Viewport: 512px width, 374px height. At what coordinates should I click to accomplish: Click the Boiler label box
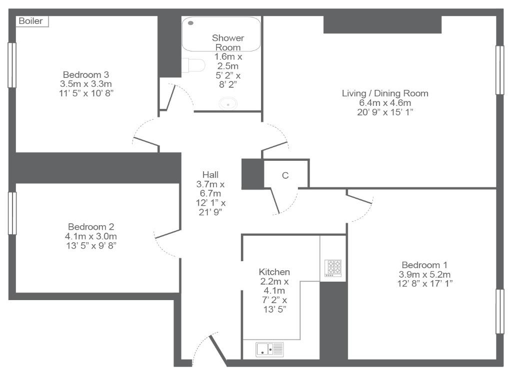[32, 21]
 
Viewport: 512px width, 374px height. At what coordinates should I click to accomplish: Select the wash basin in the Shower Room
[228, 103]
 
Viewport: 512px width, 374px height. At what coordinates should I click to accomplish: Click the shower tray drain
[191, 23]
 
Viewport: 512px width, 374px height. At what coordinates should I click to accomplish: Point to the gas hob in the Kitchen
[332, 268]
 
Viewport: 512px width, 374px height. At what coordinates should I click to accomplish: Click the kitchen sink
[269, 349]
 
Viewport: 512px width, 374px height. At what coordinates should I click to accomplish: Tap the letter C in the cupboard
[285, 176]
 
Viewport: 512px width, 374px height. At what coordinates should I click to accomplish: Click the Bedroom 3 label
[86, 75]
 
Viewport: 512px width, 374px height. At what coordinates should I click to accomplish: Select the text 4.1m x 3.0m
[91, 236]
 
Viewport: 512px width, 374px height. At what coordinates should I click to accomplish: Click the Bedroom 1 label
[424, 265]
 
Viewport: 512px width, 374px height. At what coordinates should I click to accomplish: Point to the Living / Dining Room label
[385, 93]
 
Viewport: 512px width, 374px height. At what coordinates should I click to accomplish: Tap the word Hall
[210, 175]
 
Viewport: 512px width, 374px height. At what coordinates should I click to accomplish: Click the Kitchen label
[274, 272]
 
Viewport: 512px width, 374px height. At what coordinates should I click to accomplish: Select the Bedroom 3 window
[12, 65]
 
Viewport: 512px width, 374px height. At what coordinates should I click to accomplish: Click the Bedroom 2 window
[12, 213]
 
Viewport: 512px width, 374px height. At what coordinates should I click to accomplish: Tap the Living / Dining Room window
[499, 70]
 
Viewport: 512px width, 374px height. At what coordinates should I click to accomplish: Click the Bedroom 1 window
[499, 312]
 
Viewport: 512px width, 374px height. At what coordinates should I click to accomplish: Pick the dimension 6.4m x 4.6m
[385, 103]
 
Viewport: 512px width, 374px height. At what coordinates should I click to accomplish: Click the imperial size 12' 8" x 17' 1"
[425, 284]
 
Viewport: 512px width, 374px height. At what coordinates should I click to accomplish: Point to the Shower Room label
[228, 43]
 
